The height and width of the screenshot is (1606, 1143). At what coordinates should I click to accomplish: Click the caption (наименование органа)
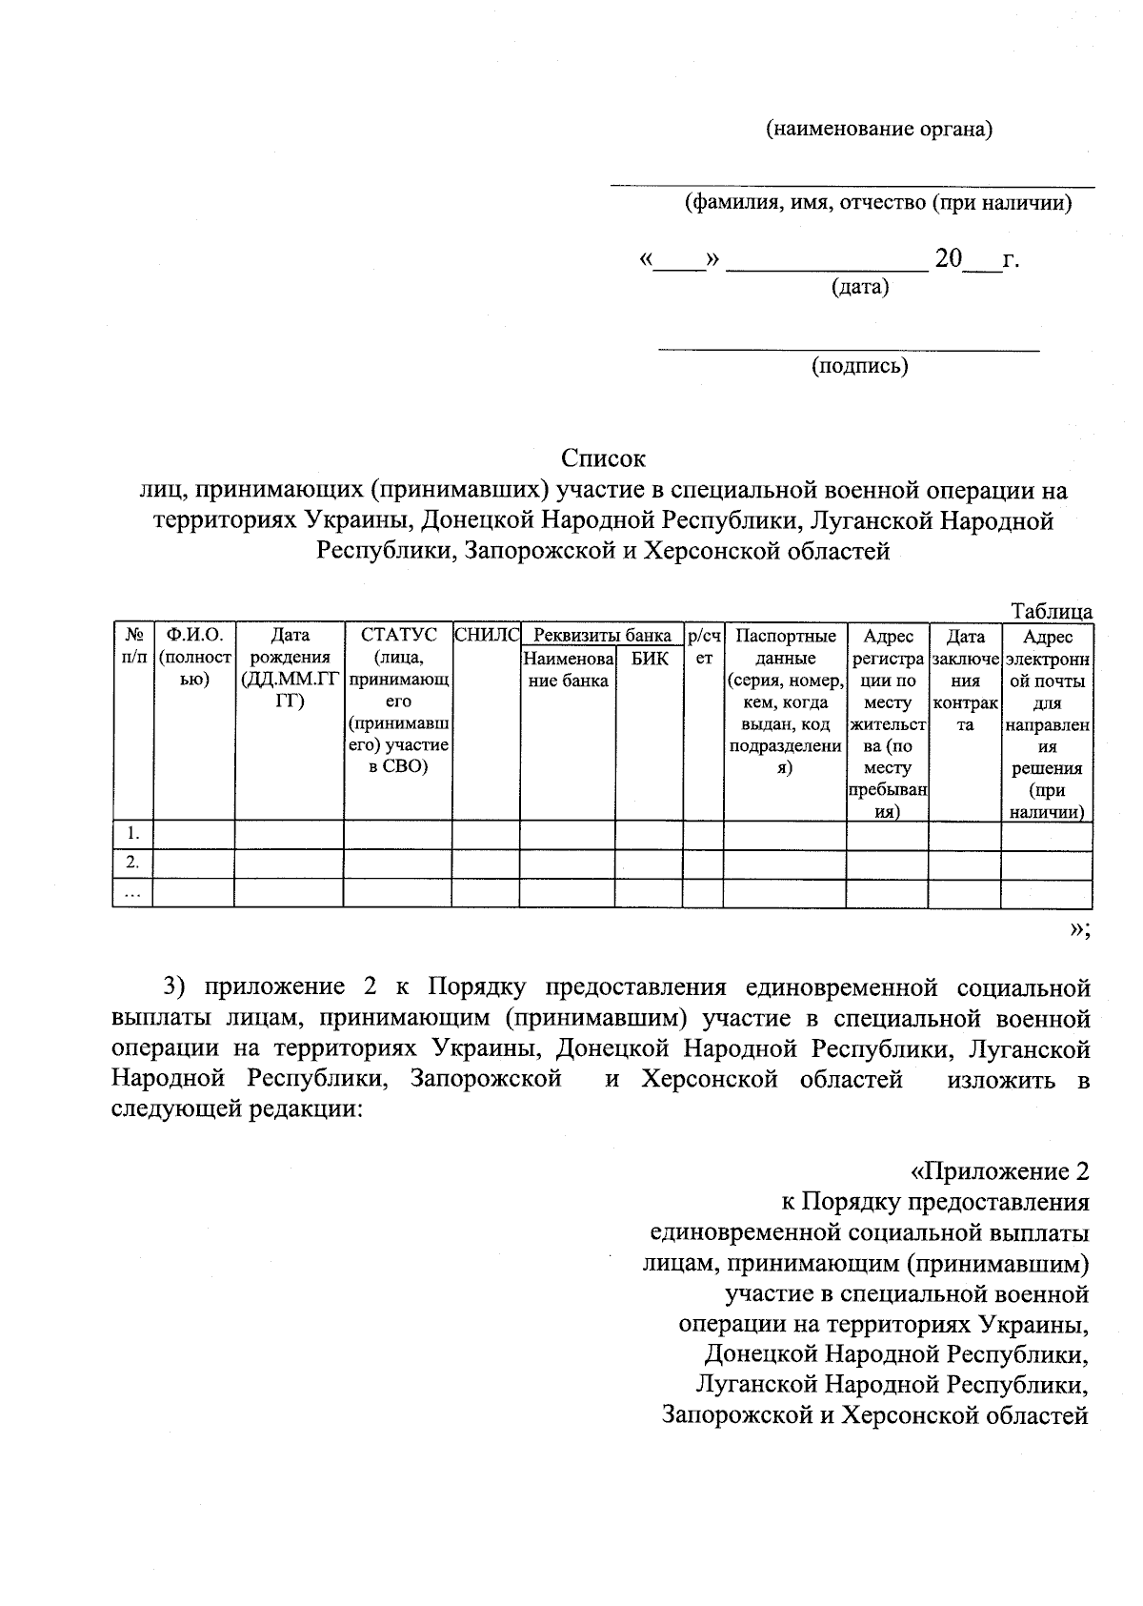pos(879,130)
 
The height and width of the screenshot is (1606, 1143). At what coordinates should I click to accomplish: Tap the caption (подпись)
pos(859,366)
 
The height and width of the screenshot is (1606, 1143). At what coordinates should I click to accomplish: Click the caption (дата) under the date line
pos(860,287)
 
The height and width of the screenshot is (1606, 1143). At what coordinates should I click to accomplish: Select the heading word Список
pos(603,458)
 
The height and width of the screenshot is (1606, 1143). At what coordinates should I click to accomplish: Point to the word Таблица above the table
pos(1052,611)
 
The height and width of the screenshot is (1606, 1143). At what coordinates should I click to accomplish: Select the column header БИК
pos(650,658)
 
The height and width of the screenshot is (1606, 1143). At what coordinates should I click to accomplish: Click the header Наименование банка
pos(569,669)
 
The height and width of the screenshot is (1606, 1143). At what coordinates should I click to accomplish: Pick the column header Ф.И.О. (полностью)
pos(194,658)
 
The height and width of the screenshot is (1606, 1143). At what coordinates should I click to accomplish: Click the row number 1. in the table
pos(133,834)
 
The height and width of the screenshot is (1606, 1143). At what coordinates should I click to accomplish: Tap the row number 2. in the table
pos(133,864)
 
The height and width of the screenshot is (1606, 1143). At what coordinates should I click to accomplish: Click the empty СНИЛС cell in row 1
pos(486,834)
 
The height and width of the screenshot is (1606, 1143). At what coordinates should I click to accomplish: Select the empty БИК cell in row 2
pos(650,864)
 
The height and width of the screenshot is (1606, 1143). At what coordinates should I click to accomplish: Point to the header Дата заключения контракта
pos(965,681)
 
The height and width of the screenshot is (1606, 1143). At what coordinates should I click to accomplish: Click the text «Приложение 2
pos(999,1170)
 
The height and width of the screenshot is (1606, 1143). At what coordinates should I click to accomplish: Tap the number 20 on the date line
pos(949,258)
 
